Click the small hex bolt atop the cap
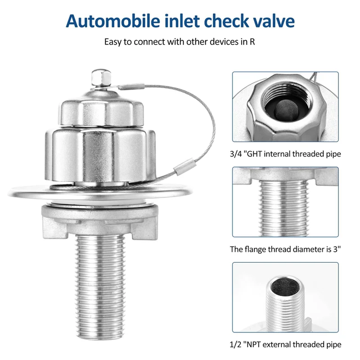click(x=99, y=79)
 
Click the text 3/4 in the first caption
click(x=236, y=154)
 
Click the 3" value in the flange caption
click(x=334, y=249)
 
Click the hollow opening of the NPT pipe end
click(x=284, y=287)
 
